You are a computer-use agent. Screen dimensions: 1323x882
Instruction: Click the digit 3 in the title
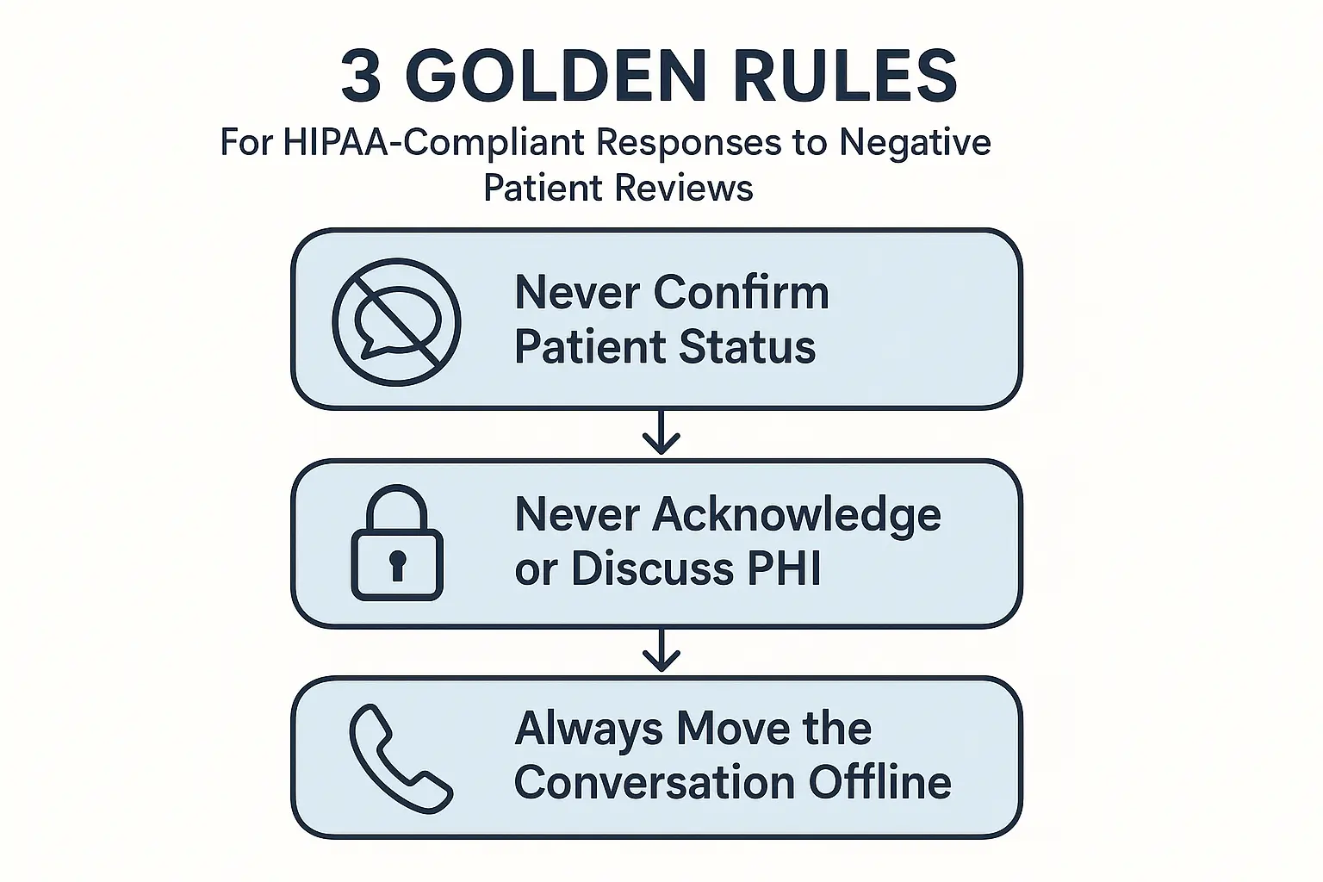click(x=361, y=76)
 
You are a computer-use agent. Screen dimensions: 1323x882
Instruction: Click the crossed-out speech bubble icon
click(x=396, y=322)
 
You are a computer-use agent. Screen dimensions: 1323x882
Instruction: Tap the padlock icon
click(x=397, y=543)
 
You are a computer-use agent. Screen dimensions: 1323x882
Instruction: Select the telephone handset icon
click(x=401, y=759)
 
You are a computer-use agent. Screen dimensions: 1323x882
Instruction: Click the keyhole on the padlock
click(x=397, y=565)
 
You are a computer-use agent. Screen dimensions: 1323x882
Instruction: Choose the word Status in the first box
click(x=747, y=346)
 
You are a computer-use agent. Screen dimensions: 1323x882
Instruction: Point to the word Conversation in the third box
click(x=655, y=782)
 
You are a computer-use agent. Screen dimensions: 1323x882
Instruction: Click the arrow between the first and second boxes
click(x=661, y=432)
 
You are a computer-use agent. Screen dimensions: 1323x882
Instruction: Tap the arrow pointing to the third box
click(x=661, y=649)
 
